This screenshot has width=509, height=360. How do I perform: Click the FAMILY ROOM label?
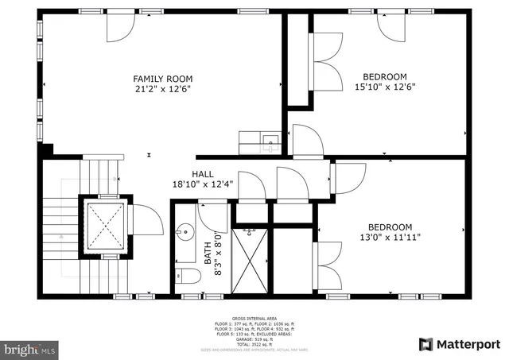pyautogui.click(x=162, y=78)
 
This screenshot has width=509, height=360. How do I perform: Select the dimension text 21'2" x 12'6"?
pyautogui.click(x=162, y=89)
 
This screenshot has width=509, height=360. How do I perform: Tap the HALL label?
pyautogui.click(x=202, y=173)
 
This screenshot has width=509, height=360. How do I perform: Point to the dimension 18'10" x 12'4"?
pyautogui.click(x=202, y=184)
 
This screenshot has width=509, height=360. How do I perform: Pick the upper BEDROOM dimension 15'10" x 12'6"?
pyautogui.click(x=385, y=87)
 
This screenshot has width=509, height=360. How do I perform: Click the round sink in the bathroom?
pyautogui.click(x=185, y=232)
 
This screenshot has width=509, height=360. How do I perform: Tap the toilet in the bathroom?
pyautogui.click(x=187, y=277)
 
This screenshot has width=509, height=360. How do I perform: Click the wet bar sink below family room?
pyautogui.click(x=270, y=144)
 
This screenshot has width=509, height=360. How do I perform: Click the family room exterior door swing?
pyautogui.click(x=121, y=29)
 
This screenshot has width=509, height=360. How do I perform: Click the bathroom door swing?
pyautogui.click(x=213, y=215)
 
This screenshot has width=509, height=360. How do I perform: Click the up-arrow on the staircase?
pyautogui.click(x=60, y=235)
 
